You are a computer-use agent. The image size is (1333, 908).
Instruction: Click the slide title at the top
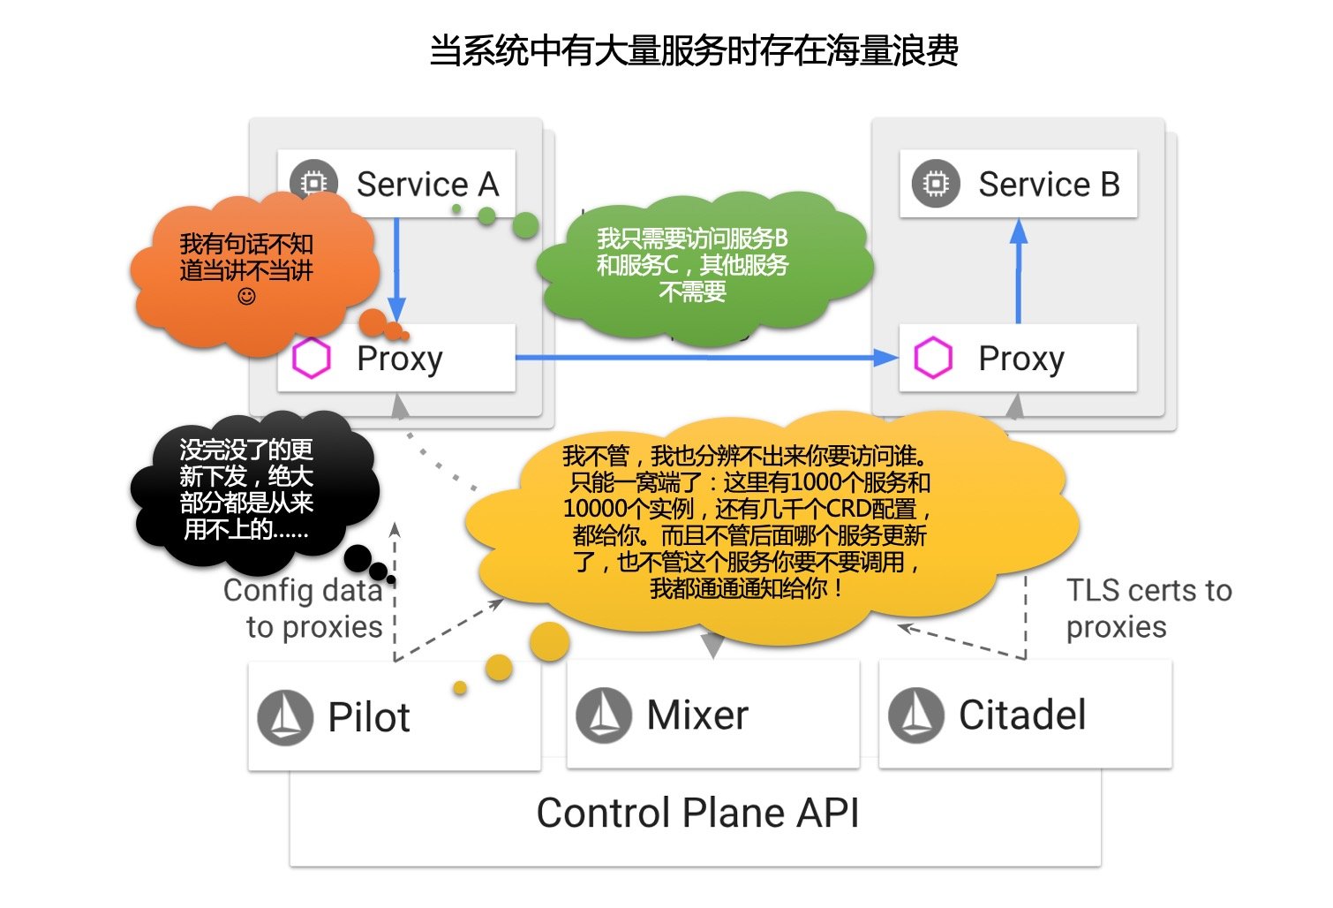point(694,51)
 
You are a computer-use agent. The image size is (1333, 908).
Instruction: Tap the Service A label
point(427,185)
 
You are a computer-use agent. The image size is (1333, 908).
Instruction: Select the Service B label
point(1049,185)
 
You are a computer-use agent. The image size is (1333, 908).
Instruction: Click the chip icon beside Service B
point(936,184)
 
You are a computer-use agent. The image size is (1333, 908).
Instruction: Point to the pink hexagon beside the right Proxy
point(933,359)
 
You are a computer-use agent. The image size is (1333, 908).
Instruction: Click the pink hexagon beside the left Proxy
point(311,359)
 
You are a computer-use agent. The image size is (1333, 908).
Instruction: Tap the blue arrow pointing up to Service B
point(1019,269)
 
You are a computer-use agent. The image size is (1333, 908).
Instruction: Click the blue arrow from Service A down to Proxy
point(396,265)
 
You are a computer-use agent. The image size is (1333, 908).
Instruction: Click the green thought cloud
point(697,265)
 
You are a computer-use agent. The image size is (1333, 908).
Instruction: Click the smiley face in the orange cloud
point(247,297)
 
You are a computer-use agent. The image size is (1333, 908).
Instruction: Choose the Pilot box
point(394,715)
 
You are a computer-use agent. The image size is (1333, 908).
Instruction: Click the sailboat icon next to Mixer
point(604,715)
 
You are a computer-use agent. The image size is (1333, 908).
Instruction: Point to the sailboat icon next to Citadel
point(916,715)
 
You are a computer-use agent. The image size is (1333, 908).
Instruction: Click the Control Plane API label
point(697,813)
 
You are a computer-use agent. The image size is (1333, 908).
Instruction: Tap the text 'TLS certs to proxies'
point(1148,608)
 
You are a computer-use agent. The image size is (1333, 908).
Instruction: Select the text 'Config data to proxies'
point(304,608)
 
